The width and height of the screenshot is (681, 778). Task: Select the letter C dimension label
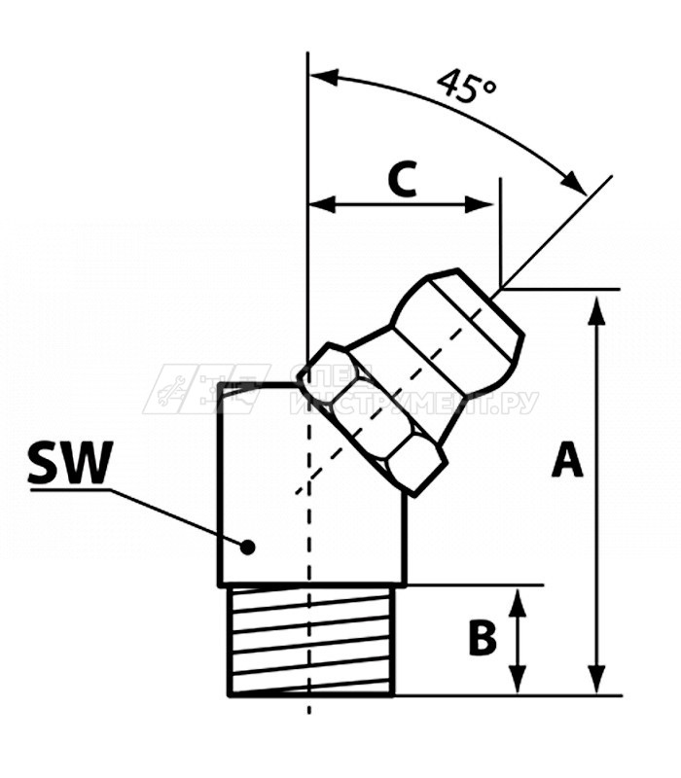tap(402, 179)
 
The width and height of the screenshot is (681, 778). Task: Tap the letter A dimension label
tap(567, 460)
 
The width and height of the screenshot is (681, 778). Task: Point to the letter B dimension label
tap(483, 639)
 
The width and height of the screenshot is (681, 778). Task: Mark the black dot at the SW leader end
tap(248, 547)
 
